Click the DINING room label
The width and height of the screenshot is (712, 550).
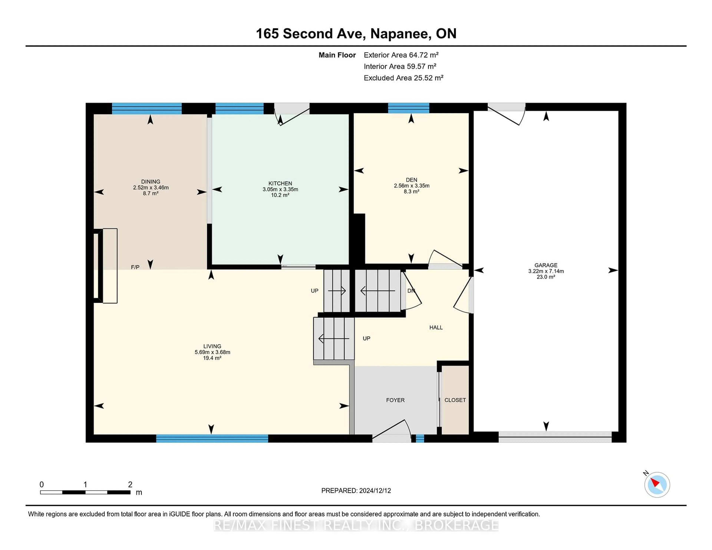coord(151,181)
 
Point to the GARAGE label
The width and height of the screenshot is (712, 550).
coord(546,265)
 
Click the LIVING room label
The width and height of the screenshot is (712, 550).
coord(212,346)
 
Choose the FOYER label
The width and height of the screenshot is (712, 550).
coord(395,400)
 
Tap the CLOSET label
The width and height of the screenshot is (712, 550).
coord(455,400)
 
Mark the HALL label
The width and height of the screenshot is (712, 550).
coord(436,327)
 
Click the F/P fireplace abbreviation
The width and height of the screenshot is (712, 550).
coord(135,267)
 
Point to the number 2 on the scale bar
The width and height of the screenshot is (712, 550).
coord(130,485)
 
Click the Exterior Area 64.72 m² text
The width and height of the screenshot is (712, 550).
coord(401,55)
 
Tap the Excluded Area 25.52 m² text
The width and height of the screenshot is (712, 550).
coord(404,78)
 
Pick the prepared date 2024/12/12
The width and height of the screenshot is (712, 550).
coord(375,491)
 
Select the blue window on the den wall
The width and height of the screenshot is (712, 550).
coord(408,108)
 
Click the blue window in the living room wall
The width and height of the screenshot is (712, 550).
coord(212,438)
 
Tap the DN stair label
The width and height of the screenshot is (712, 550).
coord(411,291)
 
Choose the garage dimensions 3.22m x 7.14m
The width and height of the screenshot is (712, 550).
coord(546,271)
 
